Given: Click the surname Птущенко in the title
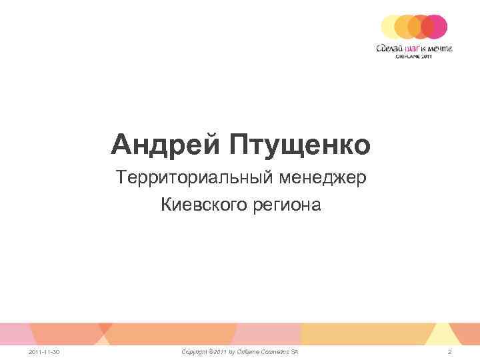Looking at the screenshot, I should [x=299, y=143].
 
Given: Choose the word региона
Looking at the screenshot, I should [x=289, y=206].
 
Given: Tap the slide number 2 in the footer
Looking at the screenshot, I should [x=450, y=351].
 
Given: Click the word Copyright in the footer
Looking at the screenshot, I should [x=197, y=351].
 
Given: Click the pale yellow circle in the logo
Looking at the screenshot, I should [x=391, y=27].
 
